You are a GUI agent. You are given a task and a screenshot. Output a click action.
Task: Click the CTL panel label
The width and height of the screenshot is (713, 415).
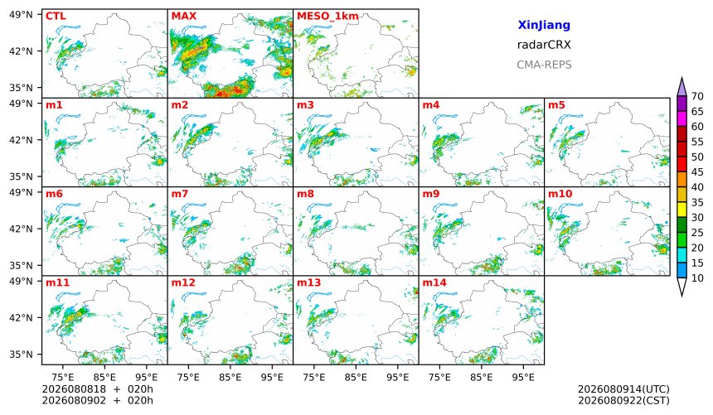56,17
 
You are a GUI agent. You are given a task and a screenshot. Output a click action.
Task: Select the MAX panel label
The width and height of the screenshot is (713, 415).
184,17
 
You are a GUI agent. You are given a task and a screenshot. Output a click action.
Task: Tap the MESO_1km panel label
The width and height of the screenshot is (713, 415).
327,17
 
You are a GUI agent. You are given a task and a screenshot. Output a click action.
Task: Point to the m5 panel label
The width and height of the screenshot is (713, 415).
556,105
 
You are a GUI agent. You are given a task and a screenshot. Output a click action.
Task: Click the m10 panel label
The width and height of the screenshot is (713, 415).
560,194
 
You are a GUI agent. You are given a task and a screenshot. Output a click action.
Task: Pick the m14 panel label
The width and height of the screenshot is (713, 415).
434,282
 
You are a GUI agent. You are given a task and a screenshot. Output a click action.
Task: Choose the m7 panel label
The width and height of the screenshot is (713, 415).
180,194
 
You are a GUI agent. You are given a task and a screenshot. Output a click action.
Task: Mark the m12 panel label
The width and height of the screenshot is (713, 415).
182,282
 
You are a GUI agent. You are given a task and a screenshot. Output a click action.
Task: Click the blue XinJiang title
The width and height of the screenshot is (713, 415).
544,26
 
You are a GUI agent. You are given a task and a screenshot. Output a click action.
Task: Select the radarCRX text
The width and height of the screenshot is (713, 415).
544,45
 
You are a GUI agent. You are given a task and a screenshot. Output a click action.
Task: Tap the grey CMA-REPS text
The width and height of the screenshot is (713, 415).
544,65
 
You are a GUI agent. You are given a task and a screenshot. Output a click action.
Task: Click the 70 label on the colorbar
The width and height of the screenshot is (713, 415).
697,96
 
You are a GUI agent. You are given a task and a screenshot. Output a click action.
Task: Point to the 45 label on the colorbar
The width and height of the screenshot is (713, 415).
697,172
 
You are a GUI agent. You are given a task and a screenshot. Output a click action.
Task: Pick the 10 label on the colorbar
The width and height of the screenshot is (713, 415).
697,278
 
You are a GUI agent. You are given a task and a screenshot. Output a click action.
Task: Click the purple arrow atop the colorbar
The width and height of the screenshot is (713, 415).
681,87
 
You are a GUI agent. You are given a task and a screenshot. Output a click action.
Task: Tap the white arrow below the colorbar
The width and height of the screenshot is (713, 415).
681,287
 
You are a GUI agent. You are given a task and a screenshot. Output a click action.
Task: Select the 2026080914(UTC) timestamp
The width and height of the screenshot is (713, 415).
623,389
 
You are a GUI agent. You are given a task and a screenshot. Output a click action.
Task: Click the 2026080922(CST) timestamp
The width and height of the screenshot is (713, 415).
623,400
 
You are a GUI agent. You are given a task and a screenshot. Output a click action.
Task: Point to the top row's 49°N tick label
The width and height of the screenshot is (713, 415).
21,15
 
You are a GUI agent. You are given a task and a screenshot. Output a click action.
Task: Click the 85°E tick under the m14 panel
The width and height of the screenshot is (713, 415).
482,377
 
